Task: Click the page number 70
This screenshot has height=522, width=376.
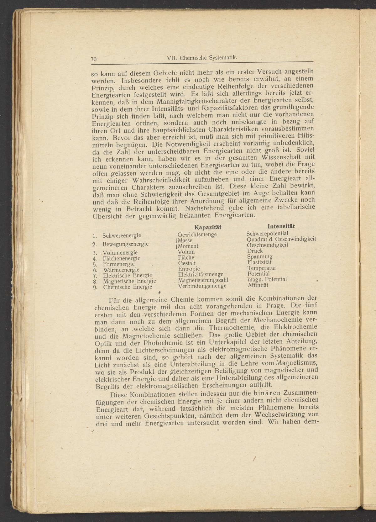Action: point(93,59)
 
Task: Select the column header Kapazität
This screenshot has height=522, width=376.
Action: point(208,227)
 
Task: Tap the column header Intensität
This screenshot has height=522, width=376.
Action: point(281,226)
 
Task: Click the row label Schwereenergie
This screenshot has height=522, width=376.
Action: point(122,235)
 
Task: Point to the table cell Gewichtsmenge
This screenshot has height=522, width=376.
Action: point(197,235)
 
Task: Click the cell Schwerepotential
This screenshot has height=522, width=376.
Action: point(267,234)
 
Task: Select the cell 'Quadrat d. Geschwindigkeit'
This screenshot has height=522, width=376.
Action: point(281,239)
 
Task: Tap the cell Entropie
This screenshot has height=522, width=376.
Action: point(189,269)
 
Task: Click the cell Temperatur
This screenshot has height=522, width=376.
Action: point(262,268)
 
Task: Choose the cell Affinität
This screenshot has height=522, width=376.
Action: point(258,285)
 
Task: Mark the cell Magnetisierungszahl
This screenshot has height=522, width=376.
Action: point(203,280)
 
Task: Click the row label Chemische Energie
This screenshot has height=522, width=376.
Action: point(128,287)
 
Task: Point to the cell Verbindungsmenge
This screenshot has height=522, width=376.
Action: point(202,286)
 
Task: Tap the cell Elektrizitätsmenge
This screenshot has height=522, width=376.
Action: point(201,274)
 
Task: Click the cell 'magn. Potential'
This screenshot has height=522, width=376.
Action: point(267,279)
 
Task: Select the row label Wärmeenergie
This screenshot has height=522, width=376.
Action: point(121,270)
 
